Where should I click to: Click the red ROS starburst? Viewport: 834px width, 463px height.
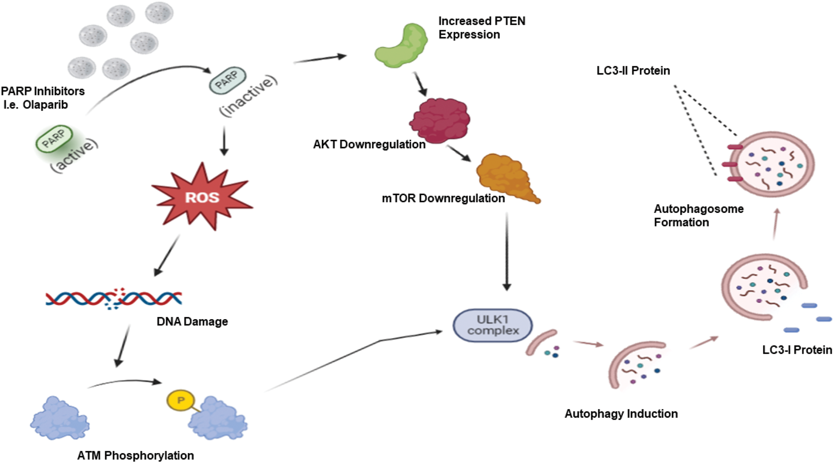(202, 197)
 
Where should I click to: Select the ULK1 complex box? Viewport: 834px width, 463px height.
(493, 326)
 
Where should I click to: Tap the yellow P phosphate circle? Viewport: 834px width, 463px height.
(181, 400)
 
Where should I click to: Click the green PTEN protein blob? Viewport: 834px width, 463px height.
(401, 46)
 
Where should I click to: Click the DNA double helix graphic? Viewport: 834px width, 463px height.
(114, 298)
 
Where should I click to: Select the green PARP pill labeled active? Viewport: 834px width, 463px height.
(54, 139)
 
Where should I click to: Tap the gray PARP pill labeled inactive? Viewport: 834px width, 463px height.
(227, 80)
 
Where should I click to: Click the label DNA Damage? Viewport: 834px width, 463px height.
(192, 322)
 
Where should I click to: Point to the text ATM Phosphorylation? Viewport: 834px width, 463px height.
(135, 455)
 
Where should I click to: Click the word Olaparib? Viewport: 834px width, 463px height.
(45, 105)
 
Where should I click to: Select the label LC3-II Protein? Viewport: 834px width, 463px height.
(633, 71)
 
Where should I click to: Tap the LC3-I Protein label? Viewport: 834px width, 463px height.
(797, 350)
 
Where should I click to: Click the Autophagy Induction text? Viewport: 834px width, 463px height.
(621, 414)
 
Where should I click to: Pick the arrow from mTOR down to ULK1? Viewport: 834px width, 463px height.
(506, 251)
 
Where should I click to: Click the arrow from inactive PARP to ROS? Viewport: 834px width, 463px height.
(224, 141)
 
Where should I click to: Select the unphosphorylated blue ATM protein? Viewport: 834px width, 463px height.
(60, 418)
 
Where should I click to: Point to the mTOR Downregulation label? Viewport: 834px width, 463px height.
(443, 199)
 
